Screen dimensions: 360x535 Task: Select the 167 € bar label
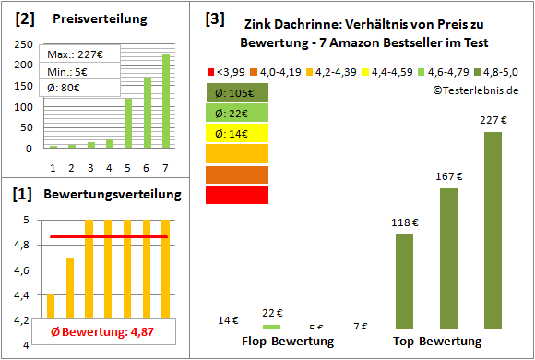point(448,176)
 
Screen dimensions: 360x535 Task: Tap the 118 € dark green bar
point(404,281)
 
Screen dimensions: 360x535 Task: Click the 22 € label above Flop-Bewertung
point(272,312)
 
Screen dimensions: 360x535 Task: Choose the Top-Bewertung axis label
point(437,341)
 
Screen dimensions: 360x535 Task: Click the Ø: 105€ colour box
point(236,92)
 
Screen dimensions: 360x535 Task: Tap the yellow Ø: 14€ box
point(236,133)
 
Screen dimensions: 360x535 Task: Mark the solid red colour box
point(236,195)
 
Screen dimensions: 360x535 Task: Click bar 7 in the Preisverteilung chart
point(166,101)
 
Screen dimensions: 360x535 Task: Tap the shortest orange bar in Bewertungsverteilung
point(51,319)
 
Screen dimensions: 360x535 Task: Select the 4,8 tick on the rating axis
point(26,245)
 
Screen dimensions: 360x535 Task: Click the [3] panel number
point(214,18)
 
